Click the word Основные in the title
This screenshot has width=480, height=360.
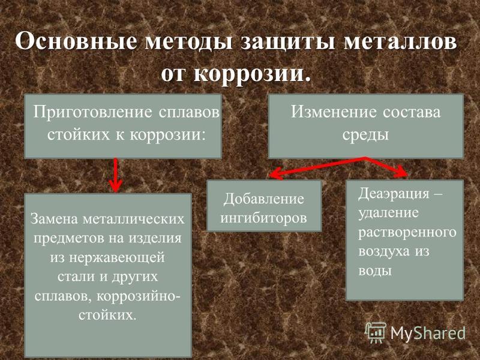(76, 41)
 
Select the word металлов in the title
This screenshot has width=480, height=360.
(400, 42)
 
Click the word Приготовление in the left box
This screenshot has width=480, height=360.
(92, 112)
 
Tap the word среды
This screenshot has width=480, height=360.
(365, 135)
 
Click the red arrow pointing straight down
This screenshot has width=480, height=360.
(115, 175)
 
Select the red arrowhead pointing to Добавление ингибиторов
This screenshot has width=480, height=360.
(274, 174)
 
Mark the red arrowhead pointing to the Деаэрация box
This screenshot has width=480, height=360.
(401, 172)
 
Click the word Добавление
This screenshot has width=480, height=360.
(263, 199)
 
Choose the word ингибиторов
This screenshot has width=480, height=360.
(263, 218)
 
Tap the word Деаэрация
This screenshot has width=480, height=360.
(394, 193)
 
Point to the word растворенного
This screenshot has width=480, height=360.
(407, 232)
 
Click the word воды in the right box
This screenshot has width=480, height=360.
(375, 271)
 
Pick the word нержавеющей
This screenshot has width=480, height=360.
(116, 258)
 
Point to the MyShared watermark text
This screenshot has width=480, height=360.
(428, 333)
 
